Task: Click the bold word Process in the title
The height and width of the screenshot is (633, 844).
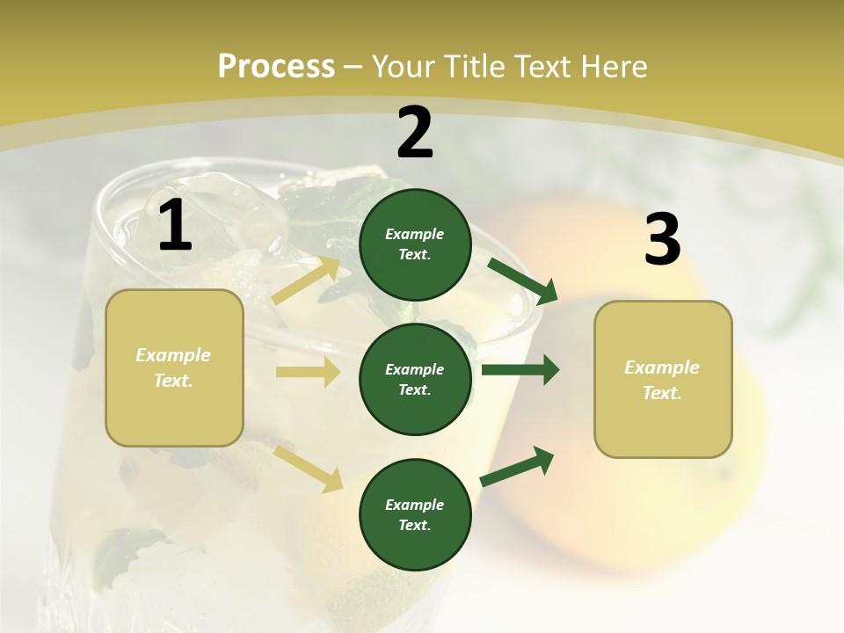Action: point(276,67)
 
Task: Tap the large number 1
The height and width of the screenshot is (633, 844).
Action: point(175,226)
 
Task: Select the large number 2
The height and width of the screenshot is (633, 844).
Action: point(415,133)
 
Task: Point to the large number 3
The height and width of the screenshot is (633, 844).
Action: point(662,240)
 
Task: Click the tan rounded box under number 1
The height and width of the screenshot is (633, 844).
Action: point(174,367)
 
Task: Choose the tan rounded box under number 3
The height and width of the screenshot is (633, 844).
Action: point(663,380)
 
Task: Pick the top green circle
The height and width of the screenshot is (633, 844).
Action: point(415,244)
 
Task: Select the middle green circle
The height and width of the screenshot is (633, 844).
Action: point(415,380)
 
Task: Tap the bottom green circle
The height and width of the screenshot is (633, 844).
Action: point(415,515)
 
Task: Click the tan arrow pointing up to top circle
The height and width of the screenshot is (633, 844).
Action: point(307,280)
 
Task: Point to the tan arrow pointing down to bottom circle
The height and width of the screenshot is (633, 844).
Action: point(309,469)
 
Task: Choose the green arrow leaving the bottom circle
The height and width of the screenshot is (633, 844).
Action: point(518,466)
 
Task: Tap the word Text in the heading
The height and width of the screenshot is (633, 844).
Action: point(541,67)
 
